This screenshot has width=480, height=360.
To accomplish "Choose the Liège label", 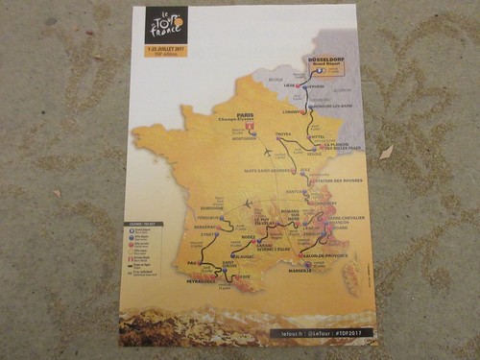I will coord(287,83).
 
